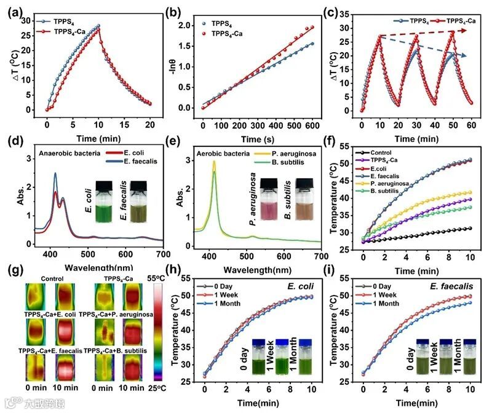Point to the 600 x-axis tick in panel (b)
point(314,119)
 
